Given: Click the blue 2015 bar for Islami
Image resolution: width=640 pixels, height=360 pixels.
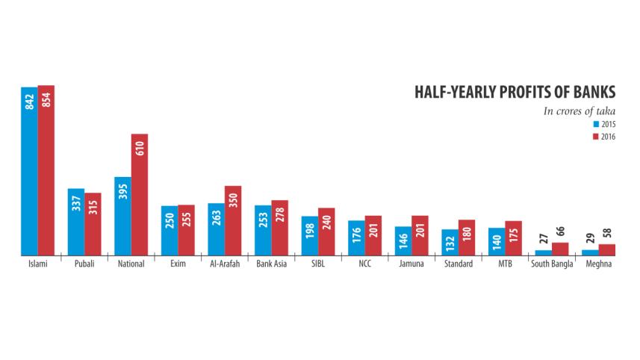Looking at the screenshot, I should tap(29, 172).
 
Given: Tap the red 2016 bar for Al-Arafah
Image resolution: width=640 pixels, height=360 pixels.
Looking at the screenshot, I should tap(233, 221).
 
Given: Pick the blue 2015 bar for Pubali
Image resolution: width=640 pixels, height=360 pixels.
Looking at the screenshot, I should tap(76, 223).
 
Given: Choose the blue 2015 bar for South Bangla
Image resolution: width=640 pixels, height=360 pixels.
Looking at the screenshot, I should tap(543, 253).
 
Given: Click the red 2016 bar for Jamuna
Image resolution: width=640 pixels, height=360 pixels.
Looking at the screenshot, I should tap(420, 236).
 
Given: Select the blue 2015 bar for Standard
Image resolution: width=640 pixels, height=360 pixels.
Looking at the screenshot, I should tap(450, 243).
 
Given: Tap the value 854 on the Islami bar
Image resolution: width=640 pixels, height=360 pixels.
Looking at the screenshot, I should tap(46, 102).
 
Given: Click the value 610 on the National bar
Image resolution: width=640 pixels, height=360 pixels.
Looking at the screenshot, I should tap(140, 147).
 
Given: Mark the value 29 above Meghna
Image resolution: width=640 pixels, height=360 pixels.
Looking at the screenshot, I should tap(590, 238).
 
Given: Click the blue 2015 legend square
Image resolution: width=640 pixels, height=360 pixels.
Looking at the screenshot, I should tap(595, 124).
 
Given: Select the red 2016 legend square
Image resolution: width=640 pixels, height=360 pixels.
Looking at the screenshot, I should tap(595, 137).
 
